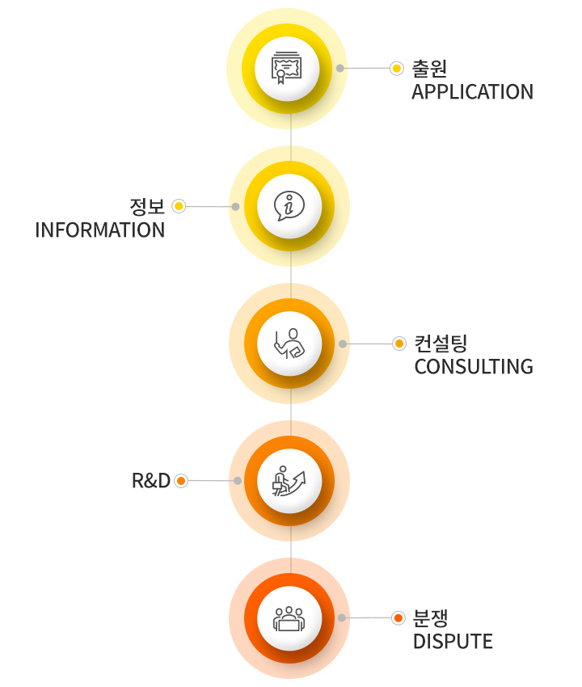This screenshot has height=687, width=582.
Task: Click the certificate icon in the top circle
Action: pos(286,68)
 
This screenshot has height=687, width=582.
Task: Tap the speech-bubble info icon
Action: pos(289,206)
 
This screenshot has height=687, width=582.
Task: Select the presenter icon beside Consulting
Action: pos(289,343)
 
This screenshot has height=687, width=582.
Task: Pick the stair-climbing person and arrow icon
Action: pos(289,481)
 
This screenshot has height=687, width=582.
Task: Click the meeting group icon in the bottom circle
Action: pos(289,618)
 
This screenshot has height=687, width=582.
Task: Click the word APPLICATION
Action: pos(472,92)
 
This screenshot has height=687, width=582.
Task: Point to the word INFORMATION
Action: pos(100,230)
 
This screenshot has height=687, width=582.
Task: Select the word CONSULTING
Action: pos(474,367)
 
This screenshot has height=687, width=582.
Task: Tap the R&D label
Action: pos(151,481)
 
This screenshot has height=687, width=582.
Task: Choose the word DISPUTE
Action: pos(453,642)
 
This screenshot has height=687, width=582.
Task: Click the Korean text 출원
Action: pos(429,69)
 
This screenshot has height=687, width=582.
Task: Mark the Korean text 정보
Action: pos(147,206)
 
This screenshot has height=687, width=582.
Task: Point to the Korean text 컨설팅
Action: pos(441,343)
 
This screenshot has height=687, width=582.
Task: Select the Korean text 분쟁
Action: pos(431,617)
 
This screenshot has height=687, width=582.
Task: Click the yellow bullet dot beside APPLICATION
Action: pos(397,69)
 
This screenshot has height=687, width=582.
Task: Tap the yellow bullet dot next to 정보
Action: pos(179,206)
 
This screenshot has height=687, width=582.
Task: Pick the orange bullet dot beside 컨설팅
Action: pos(399,343)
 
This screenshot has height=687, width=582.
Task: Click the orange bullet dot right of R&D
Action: pos(181,481)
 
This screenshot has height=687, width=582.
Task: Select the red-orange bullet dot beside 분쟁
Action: pos(399,618)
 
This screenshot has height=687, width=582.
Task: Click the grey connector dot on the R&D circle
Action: pos(238,481)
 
